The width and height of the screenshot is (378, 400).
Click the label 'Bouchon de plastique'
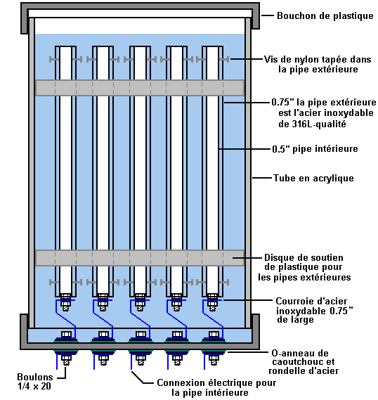pyautogui.click(x=325, y=15)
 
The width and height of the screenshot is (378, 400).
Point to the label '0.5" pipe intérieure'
pyautogui.click(x=315, y=149)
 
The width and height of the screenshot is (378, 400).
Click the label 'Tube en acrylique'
pyautogui.click(x=313, y=178)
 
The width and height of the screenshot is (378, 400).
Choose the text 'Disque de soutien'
pyautogui.click(x=304, y=257)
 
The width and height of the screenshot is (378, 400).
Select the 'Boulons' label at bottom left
pyautogui.click(x=35, y=377)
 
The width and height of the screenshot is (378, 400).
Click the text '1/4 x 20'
pyautogui.click(x=34, y=386)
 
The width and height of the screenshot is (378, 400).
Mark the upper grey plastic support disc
pyautogui.click(x=140, y=88)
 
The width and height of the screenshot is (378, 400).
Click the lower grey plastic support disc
pyautogui.click(x=140, y=258)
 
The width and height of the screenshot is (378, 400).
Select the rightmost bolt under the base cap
pyautogui.click(x=214, y=361)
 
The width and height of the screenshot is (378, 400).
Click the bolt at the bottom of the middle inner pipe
pyautogui.click(x=140, y=302)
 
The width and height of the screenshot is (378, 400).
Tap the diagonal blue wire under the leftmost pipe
pyautogui.click(x=66, y=319)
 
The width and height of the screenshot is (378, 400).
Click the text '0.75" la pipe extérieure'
pyautogui.click(x=324, y=103)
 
